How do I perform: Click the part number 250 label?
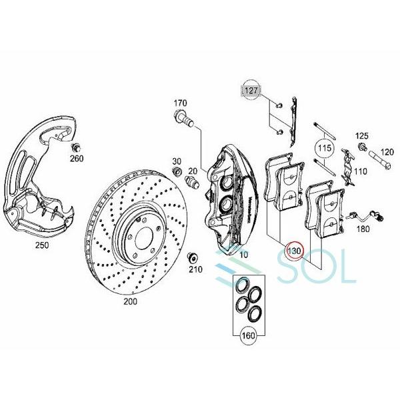click(42, 245)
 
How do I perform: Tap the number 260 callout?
click(77, 159)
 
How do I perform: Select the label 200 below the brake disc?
click(130, 302)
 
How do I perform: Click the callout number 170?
click(181, 103)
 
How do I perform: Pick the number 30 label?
click(177, 161)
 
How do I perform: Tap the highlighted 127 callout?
click(251, 91)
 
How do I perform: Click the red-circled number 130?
click(294, 251)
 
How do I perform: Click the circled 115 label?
click(325, 147)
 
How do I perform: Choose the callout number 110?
click(361, 171)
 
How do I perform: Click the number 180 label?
click(363, 229)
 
